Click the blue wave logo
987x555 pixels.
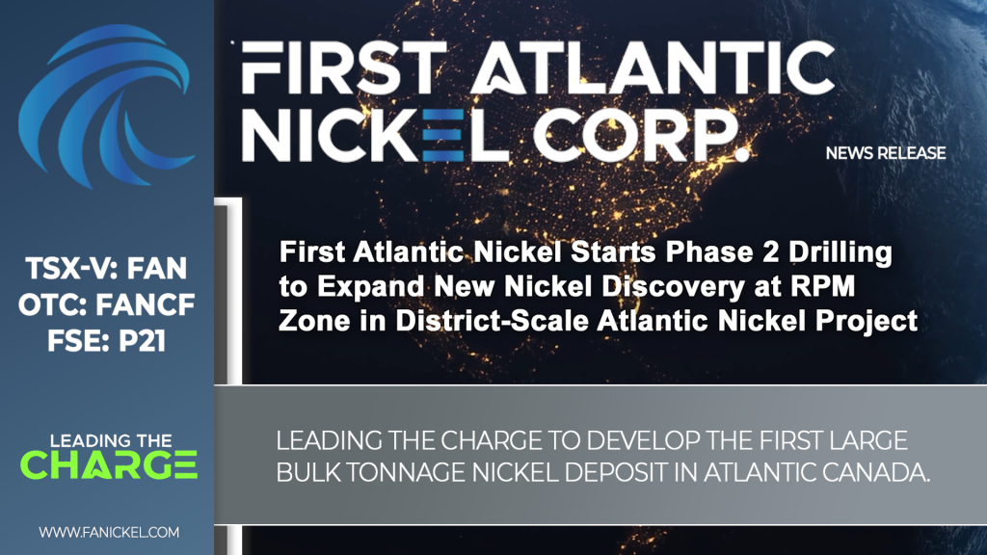coord(104,106)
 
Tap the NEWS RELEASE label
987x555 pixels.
coord(886,153)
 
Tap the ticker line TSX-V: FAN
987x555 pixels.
coord(106,269)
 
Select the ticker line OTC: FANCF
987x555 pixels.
coord(106,305)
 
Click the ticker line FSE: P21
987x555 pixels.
coord(106,341)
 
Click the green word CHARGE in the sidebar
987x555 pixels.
coord(109,465)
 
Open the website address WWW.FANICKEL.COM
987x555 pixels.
coord(109,532)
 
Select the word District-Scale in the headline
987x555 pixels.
coord(492,321)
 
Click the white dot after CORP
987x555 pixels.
coord(743,153)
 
